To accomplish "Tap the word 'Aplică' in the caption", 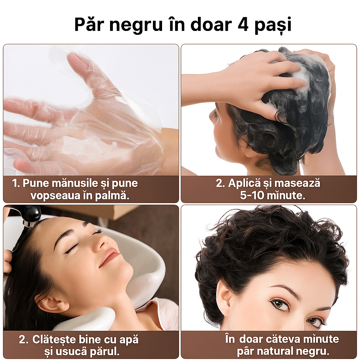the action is (x=244, y=184).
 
